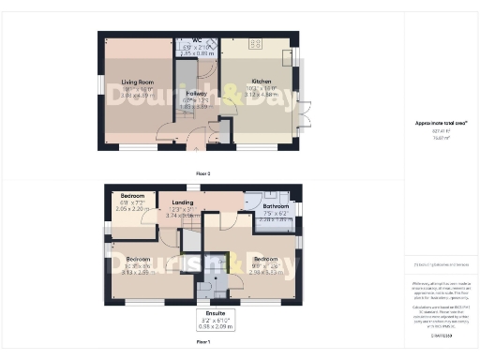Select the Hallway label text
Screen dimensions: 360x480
[x=195, y=95]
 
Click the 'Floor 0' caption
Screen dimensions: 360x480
[x=203, y=173]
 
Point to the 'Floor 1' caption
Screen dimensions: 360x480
[x=203, y=343]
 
